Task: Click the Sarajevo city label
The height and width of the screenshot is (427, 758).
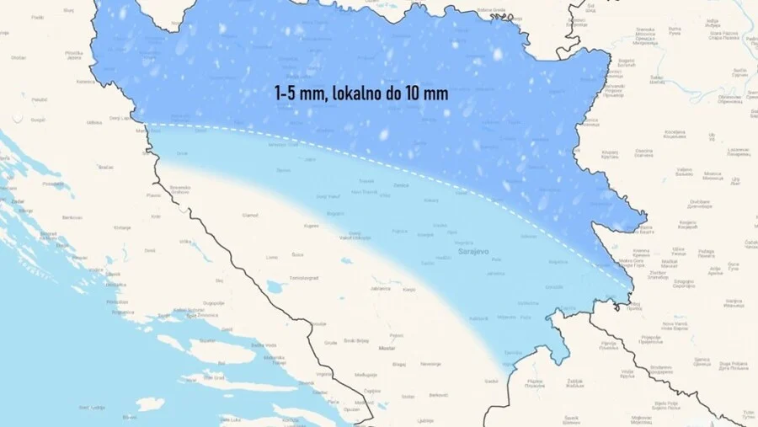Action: [472, 251]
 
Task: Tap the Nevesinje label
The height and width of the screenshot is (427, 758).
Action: [430, 363]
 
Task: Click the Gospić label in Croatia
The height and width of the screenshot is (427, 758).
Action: [38, 120]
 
